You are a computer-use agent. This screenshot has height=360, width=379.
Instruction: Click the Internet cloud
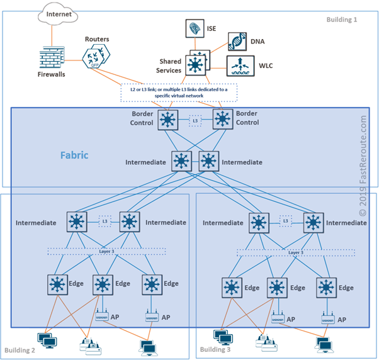[54, 13]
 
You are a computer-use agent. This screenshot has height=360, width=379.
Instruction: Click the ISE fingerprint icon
[195, 28]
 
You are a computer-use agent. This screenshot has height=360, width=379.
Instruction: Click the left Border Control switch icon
[167, 119]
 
